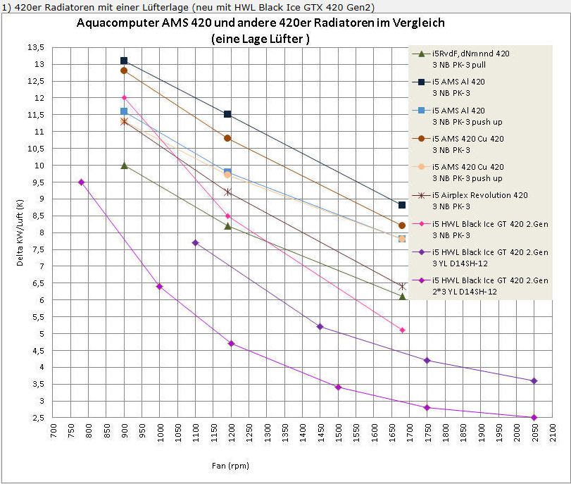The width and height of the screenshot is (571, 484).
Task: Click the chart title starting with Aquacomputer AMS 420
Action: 261,23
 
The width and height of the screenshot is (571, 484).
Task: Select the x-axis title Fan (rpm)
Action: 230,466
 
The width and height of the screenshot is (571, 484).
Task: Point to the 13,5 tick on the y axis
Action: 35,47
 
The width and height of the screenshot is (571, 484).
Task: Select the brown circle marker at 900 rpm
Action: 124,70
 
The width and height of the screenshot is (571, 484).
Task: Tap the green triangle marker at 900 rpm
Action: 124,166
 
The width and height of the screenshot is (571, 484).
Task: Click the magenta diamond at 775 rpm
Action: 81,182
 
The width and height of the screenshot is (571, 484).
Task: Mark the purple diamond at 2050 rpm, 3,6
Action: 534,380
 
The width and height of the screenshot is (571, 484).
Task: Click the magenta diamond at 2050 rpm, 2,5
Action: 534,417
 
